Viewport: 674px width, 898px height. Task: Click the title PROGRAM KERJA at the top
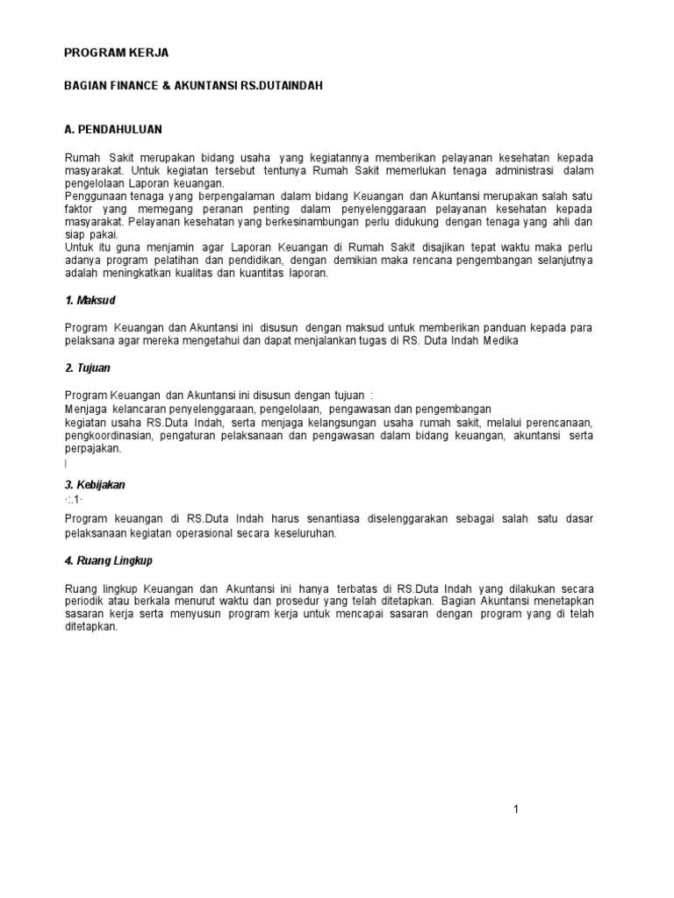point(116,53)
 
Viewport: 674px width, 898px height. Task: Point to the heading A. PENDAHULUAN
point(113,129)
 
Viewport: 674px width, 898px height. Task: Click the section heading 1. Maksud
point(90,301)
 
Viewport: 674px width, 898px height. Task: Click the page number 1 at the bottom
point(517,809)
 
